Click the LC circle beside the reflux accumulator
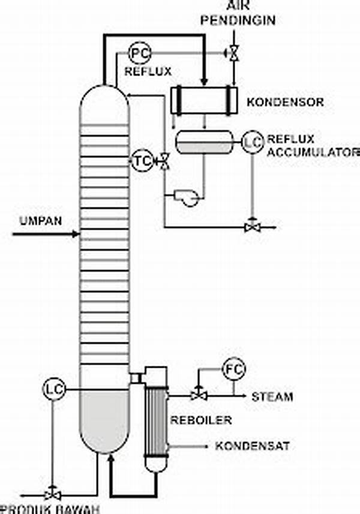click(x=252, y=142)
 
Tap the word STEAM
click(x=272, y=396)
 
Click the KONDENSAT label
click(x=253, y=447)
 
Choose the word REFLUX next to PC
click(x=148, y=71)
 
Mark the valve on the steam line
click(x=196, y=395)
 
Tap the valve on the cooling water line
click(x=233, y=53)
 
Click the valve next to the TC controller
click(x=163, y=160)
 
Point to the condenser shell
click(x=203, y=100)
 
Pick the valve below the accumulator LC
click(x=251, y=227)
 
